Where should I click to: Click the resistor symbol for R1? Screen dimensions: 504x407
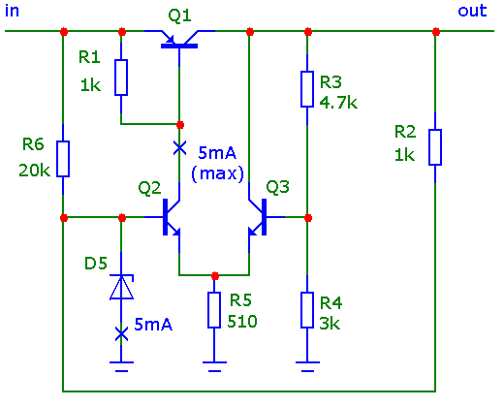coord(121,78)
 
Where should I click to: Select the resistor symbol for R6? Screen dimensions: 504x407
coord(63,159)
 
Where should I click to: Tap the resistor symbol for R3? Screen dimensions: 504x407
coord(307,89)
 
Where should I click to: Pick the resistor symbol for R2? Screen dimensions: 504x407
coord(435,147)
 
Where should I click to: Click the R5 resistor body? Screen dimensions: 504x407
coord(214,310)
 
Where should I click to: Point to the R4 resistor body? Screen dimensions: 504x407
coord(307,310)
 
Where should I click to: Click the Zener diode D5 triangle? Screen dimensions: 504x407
coord(121,287)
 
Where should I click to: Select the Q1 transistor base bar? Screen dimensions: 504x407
coord(179,47)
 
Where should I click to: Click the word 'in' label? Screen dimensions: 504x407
coord(12,11)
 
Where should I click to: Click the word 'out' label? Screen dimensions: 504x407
coord(472,11)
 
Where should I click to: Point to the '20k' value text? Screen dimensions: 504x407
coord(34,171)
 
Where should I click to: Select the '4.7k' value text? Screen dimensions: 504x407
coord(338,103)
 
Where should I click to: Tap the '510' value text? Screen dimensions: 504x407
coord(242,322)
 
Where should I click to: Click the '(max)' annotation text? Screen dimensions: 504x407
coord(217,173)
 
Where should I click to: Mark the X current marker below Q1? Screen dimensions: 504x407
coord(179,148)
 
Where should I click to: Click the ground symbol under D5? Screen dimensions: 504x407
coord(121,366)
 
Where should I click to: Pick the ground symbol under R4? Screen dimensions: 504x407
coord(307,366)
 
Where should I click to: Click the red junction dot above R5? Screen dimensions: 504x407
coord(215,276)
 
